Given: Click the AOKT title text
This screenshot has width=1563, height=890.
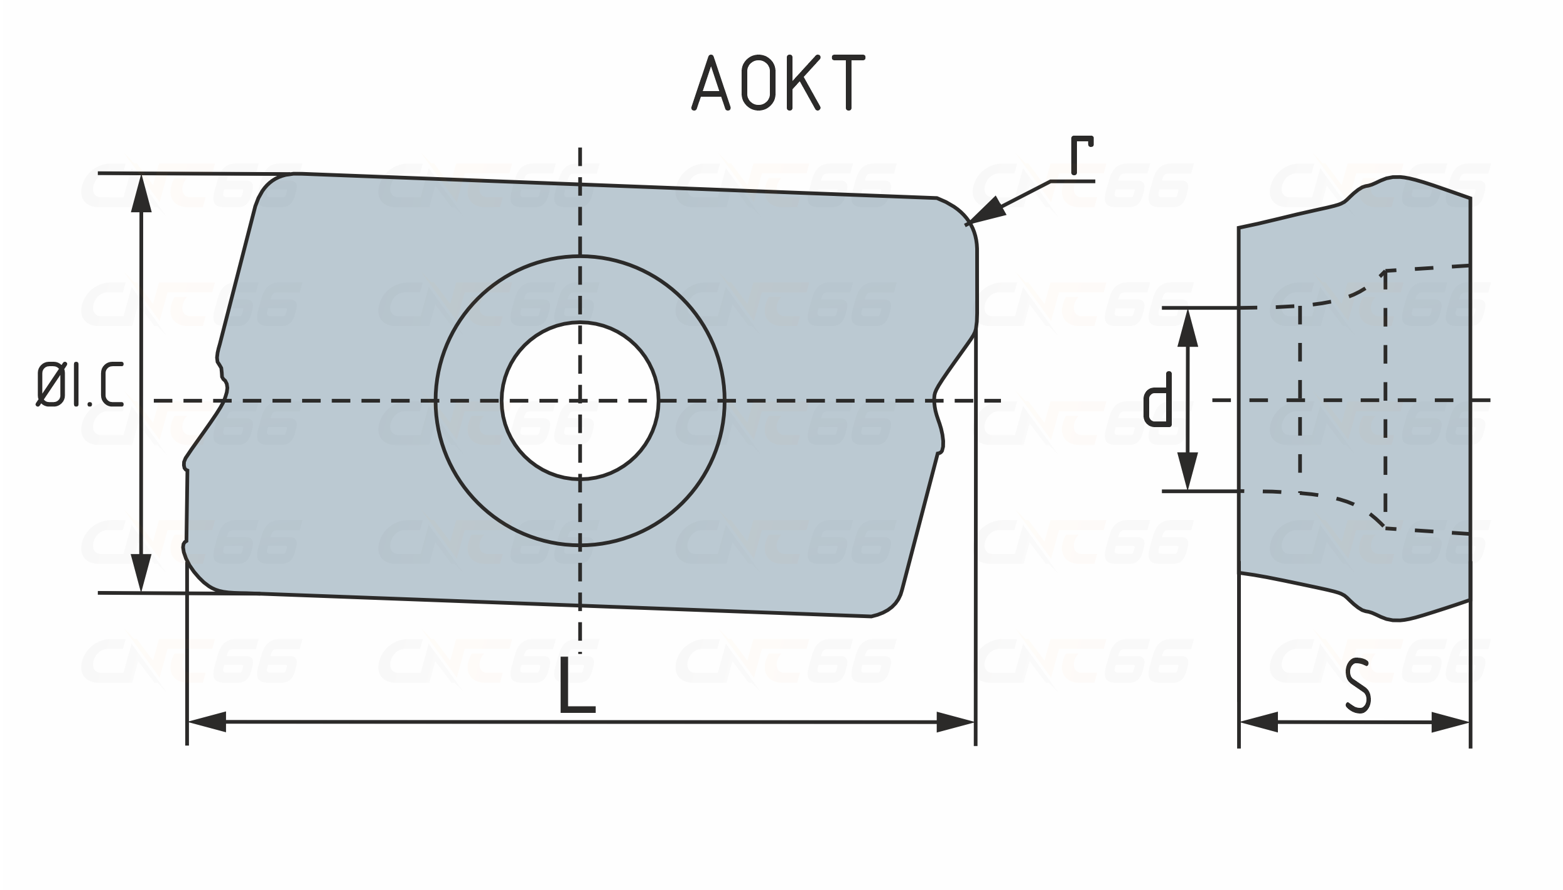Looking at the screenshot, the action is point(779,83).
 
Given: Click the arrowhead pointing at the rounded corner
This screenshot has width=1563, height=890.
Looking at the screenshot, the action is point(987,210).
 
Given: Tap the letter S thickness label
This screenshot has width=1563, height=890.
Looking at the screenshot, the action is point(1358,685).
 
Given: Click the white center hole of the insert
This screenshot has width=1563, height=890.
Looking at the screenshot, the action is point(580,400).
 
